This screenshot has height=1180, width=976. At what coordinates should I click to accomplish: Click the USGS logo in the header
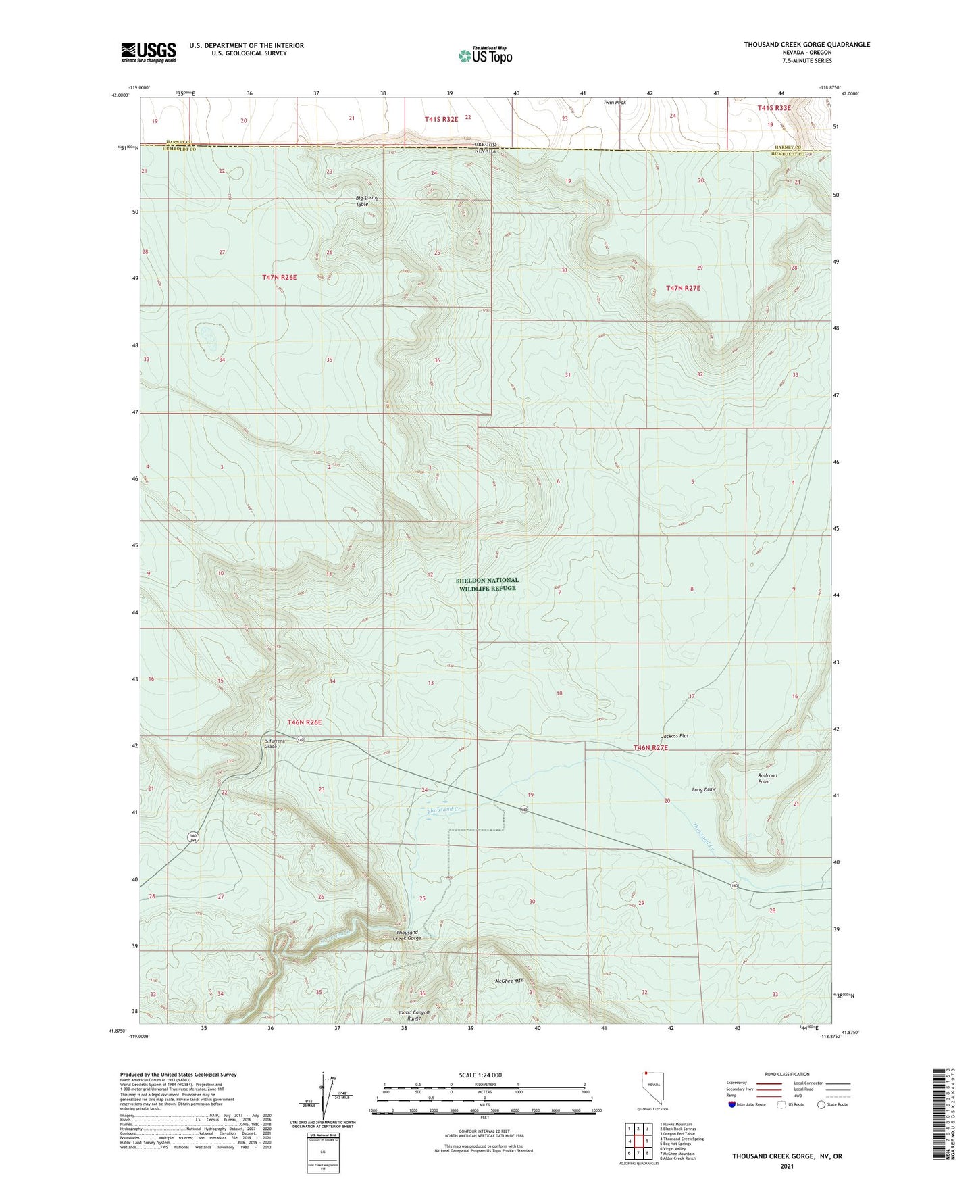coord(149,52)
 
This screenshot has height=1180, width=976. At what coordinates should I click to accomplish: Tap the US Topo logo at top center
coord(485,55)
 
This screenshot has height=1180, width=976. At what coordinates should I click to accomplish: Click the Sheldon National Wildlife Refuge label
coord(487,584)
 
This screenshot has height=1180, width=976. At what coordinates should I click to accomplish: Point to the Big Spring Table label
coord(367,201)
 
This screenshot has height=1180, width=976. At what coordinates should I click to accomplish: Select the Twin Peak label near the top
coord(615,103)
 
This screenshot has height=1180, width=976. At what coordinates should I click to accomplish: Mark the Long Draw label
coord(703,789)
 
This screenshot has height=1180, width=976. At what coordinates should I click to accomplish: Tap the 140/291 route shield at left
coord(194,837)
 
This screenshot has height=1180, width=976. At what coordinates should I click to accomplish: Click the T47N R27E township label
coord(683,288)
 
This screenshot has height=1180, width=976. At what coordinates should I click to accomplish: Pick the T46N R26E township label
coord(304,722)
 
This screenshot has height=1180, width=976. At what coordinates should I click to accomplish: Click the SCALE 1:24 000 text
coord(480,1075)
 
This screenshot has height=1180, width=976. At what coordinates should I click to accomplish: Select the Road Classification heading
coord(787,1074)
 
